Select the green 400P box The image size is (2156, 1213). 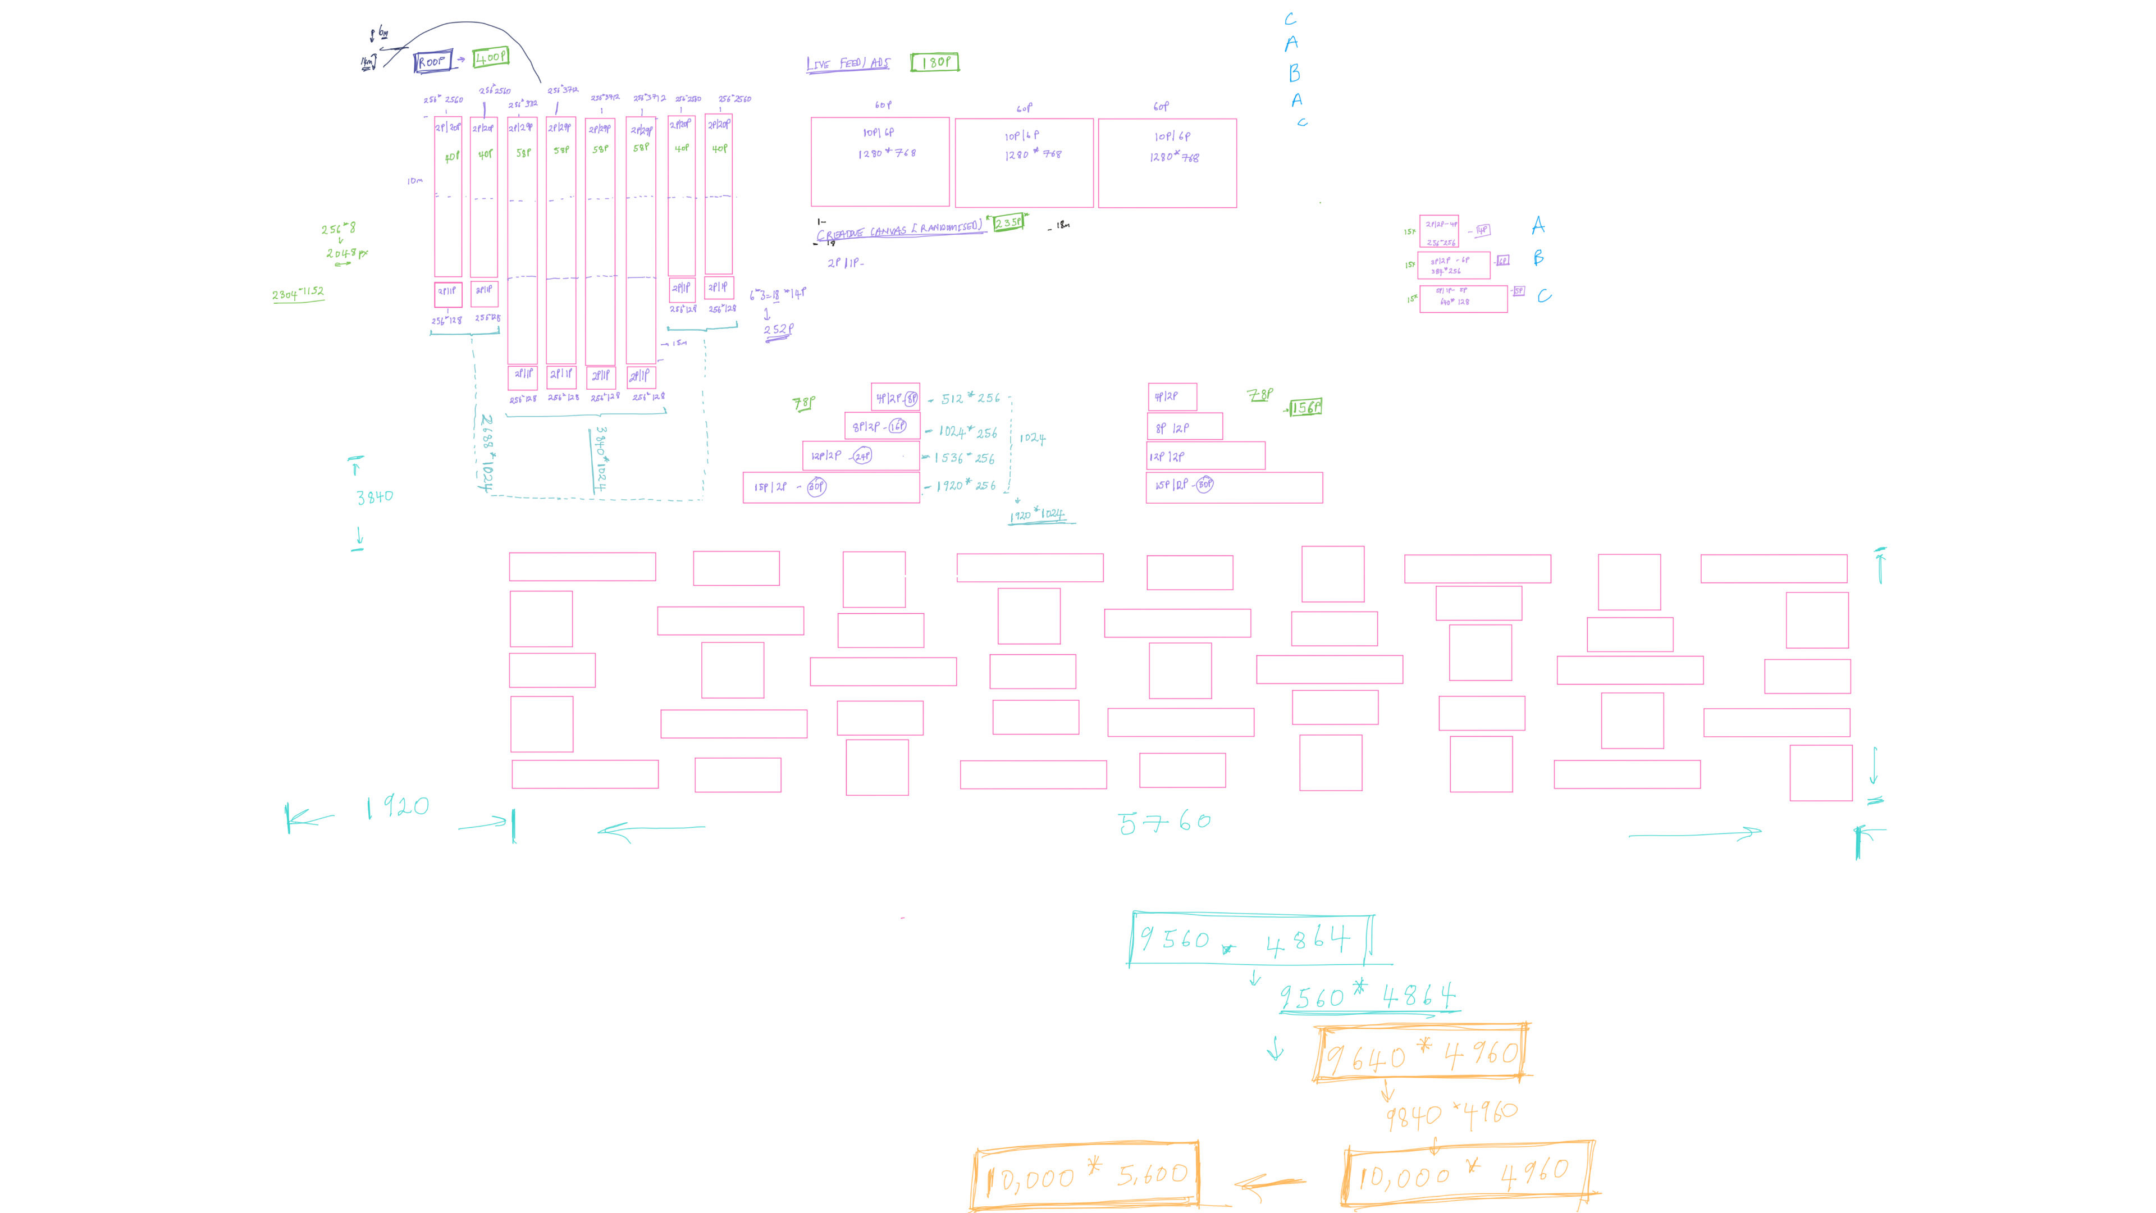pos(491,57)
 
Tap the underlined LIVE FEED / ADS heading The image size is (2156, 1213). pos(848,63)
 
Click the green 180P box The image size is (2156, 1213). pos(935,62)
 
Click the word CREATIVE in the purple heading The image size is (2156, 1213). pos(841,234)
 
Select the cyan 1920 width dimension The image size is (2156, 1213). pos(398,807)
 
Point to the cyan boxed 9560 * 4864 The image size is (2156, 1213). pos(1250,940)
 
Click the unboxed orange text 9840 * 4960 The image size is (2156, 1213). pos(1450,1114)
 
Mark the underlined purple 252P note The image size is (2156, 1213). pos(778,330)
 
